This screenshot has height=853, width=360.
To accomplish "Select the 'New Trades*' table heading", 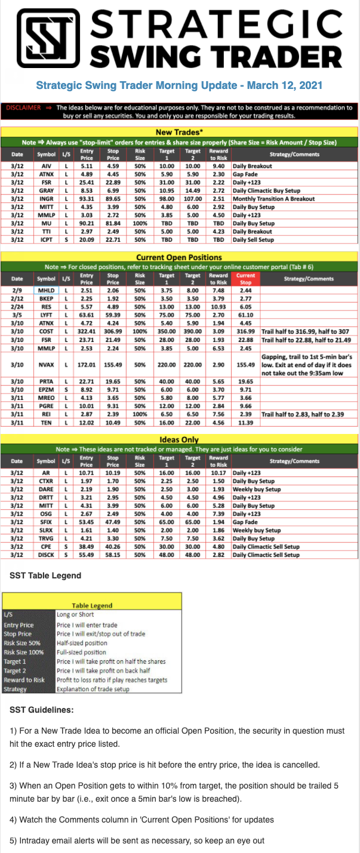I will point(180,131).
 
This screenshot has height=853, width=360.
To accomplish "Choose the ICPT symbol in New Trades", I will point(49,239).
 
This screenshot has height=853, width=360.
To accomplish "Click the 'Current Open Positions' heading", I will point(180,257).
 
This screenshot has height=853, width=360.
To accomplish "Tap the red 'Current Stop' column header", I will point(245,279).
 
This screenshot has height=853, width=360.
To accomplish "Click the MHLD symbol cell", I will point(49,290).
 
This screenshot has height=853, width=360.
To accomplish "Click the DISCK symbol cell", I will point(49,555).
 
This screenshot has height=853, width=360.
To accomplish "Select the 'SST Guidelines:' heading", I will point(42,710).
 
